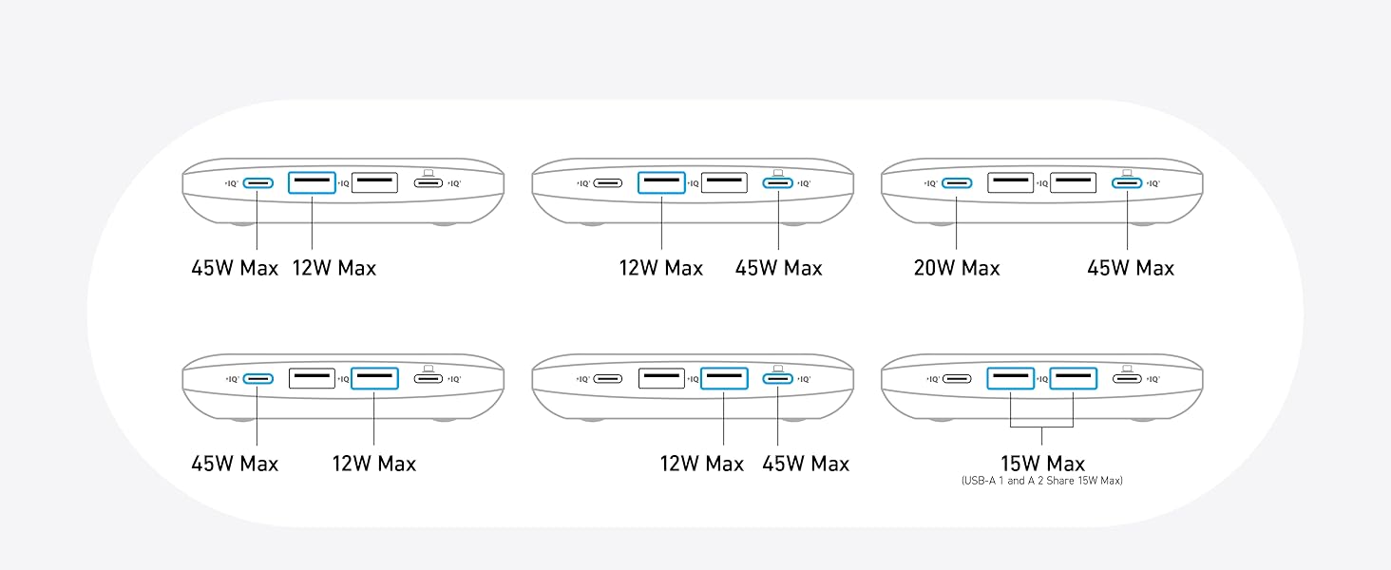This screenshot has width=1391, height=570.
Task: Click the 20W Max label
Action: click(957, 268)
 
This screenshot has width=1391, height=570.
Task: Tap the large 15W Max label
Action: click(1042, 464)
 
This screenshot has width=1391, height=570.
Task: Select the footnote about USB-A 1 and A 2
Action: click(1042, 481)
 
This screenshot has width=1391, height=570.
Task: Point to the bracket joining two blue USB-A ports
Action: click(1042, 427)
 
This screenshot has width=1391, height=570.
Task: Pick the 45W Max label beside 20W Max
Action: click(1131, 268)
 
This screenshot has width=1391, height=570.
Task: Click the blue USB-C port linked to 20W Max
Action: click(957, 183)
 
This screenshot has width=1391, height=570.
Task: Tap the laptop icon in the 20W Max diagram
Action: click(1127, 173)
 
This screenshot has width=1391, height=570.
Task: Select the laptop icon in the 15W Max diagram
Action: click(1127, 369)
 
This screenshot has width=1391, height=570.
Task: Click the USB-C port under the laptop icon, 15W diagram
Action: click(1127, 379)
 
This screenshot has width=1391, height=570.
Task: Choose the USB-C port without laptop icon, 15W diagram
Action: click(957, 379)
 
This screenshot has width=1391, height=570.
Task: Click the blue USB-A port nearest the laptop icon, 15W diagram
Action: click(1073, 378)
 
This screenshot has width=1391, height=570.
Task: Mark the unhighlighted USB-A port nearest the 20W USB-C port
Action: click(1010, 182)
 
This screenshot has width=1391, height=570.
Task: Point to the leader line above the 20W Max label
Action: click(956, 223)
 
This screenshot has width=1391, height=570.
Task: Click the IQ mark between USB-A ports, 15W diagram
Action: click(1042, 379)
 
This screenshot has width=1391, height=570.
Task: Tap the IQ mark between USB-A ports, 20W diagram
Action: click(1042, 183)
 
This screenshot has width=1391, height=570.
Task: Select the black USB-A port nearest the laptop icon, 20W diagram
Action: click(1073, 182)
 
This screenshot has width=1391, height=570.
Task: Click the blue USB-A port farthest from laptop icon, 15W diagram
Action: click(1010, 378)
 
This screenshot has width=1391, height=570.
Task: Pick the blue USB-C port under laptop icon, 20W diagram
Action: click(1127, 183)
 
